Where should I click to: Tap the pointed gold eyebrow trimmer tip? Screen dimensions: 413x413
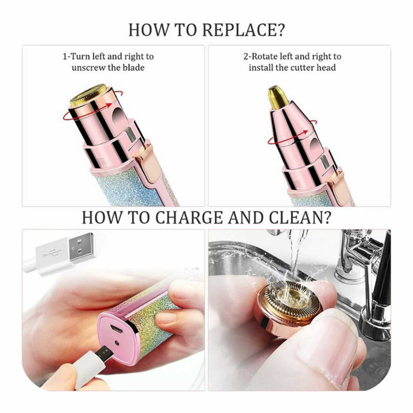click(x=277, y=97)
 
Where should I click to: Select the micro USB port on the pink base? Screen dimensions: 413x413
click(x=116, y=328)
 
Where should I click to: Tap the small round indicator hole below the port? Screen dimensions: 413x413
click(x=117, y=343)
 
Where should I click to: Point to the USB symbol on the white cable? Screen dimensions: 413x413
click(x=52, y=253)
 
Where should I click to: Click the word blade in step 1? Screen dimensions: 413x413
click(x=133, y=68)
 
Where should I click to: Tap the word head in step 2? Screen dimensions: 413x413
click(x=326, y=68)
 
